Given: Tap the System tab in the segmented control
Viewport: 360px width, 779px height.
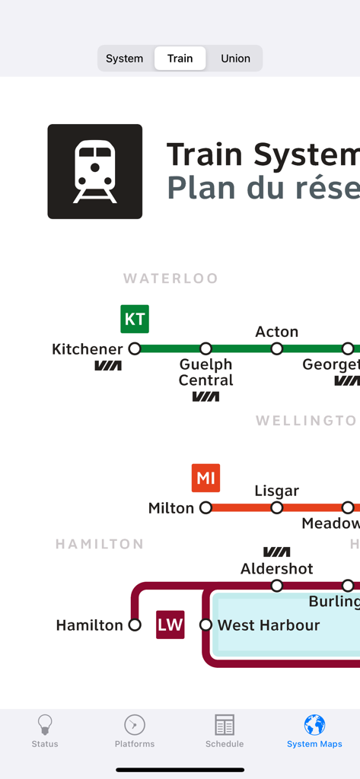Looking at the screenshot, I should tap(125, 59).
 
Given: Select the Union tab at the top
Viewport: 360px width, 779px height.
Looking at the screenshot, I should tap(235, 59).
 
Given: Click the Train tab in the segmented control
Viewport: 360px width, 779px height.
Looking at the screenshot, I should tap(180, 59).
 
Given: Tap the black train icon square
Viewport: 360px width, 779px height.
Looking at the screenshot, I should tap(95, 172).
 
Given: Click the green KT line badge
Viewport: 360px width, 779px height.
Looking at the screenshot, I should tap(135, 320).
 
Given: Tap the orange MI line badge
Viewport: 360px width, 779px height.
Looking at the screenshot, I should tap(205, 479).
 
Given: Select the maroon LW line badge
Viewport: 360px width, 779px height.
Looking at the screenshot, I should tap(170, 625).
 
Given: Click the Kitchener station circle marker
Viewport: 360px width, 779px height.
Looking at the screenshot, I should tap(135, 349).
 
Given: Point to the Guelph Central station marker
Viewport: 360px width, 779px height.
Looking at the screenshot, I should tap(205, 349).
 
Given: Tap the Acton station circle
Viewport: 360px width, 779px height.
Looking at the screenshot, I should tap(277, 349).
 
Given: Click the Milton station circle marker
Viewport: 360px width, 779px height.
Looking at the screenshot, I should tap(205, 507).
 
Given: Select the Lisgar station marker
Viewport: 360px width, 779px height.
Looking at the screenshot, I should tap(277, 507).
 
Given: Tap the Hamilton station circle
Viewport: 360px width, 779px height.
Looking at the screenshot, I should tap(135, 625).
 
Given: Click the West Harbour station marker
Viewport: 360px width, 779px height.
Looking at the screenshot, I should tap(205, 625).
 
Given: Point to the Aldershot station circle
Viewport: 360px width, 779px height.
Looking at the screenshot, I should tap(277, 586).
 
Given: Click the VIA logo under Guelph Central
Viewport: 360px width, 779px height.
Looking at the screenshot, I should tap(205, 396).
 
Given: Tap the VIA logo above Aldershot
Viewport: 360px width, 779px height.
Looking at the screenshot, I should tap(276, 552).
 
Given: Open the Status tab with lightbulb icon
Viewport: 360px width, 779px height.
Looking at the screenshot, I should tap(45, 732).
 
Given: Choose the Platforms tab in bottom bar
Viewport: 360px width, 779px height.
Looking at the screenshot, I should tap(135, 732).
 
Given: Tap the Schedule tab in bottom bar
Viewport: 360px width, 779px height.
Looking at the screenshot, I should tap(225, 732).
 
